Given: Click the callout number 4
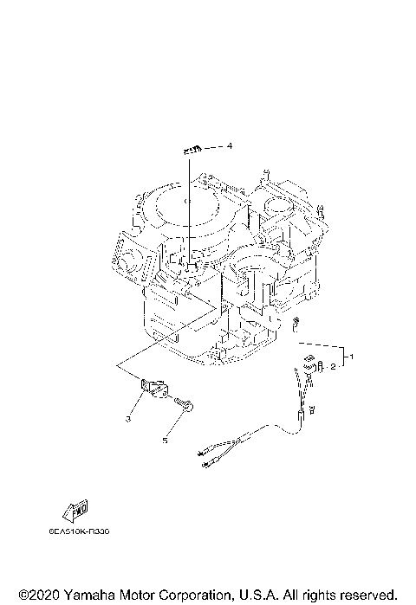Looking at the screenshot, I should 230,146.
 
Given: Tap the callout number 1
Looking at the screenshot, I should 351,356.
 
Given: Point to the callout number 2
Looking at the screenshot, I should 332,367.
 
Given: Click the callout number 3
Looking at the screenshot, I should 127,419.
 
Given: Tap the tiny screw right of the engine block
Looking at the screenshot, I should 296,324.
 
